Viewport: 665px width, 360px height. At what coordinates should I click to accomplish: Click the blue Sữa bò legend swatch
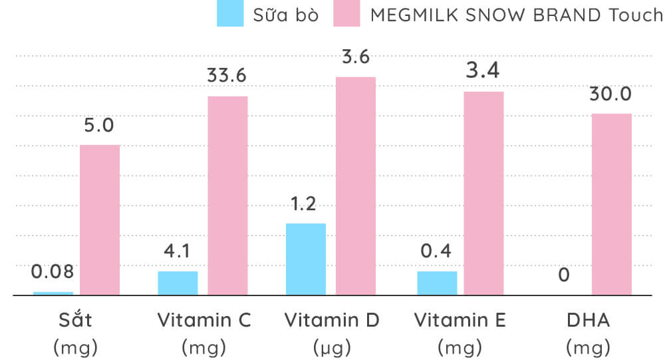[x=230, y=14]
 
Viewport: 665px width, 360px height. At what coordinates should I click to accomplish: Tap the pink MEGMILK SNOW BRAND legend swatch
[x=347, y=14]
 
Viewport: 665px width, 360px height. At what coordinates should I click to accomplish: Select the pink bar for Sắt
[x=100, y=220]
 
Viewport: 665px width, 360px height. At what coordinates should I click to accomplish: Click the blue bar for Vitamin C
[x=178, y=283]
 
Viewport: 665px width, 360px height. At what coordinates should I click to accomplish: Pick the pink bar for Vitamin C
[x=227, y=195]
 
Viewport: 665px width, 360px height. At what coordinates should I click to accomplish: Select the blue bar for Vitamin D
[x=306, y=259]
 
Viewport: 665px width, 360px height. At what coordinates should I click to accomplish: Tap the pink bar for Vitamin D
[x=356, y=186]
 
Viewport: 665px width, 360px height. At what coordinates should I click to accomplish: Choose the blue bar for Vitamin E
[x=437, y=283]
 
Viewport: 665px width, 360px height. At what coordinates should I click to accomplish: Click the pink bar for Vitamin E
[x=483, y=193]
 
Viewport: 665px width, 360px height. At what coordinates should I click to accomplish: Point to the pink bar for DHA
[x=612, y=204]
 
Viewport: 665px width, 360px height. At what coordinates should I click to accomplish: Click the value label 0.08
[x=53, y=271]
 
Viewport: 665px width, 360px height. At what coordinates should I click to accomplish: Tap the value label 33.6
[x=227, y=76]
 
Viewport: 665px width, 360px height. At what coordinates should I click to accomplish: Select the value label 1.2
[x=305, y=204]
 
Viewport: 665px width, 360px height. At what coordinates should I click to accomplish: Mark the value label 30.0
[x=610, y=94]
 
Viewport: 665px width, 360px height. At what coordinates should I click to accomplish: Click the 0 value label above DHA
[x=564, y=274]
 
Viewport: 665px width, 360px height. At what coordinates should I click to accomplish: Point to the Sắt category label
[x=75, y=320]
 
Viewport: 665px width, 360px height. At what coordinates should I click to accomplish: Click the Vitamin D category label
[x=332, y=320]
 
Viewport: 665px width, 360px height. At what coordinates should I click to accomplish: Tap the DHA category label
[x=588, y=320]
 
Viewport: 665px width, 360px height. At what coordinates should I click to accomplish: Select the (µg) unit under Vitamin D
[x=332, y=347]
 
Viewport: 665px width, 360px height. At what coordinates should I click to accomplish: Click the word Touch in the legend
[x=636, y=15]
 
